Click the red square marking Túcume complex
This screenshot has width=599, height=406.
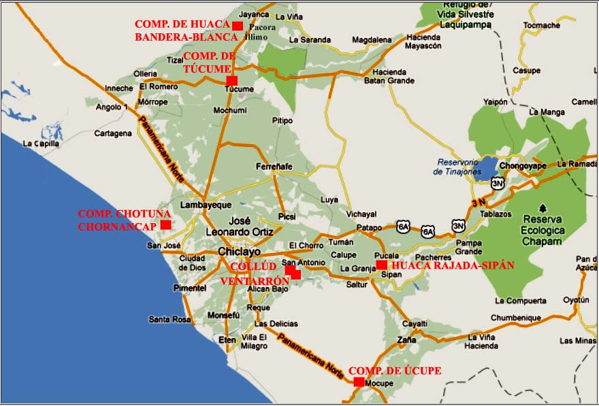tap(231, 80)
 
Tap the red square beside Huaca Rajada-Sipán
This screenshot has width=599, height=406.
tap(381, 265)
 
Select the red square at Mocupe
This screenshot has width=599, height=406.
tap(359, 382)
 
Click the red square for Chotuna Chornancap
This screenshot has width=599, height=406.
tap(165, 224)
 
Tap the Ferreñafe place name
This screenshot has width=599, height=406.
tap(274, 167)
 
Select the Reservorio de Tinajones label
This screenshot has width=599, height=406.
tap(457, 167)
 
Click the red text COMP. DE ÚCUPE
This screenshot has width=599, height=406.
tap(395, 371)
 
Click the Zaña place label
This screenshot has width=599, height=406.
tap(407, 339)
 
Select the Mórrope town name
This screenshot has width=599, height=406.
tap(152, 102)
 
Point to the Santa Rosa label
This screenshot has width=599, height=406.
tap(170, 319)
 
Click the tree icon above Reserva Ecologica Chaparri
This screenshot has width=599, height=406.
tap(543, 207)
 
